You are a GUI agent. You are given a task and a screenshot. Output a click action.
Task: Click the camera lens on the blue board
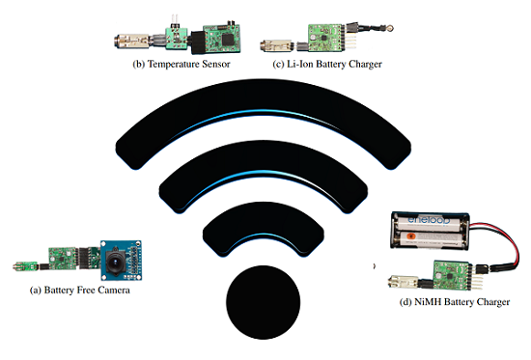[x=119, y=259]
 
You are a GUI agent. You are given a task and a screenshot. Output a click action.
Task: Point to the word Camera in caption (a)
[x=107, y=290]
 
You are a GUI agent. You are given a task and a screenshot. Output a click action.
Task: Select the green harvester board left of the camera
[x=64, y=258]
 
